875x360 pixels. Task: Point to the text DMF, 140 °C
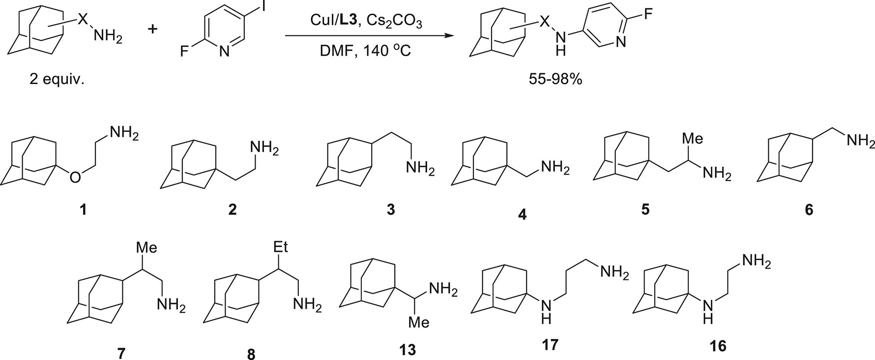coord(367,50)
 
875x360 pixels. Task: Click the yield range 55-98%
coord(556,79)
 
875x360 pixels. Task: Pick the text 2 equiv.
coord(57,79)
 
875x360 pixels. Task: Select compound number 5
coord(646,209)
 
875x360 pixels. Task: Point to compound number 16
coord(718,346)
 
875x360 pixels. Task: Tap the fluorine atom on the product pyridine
coord(648,14)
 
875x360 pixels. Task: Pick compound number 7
coord(121,353)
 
